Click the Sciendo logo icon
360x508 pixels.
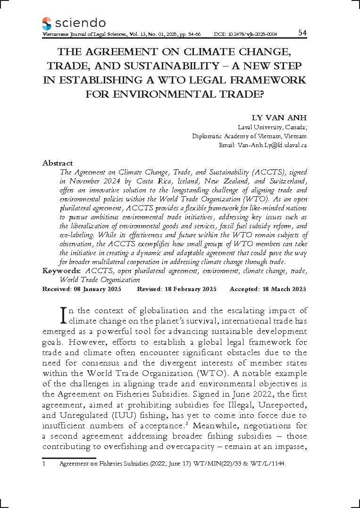pos(47,23)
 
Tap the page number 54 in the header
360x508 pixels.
pos(302,33)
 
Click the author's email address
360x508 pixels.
pos(263,145)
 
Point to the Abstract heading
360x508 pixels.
pos(58,163)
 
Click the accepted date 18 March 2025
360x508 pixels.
pos(283,289)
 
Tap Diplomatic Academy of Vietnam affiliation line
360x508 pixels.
pos(250,136)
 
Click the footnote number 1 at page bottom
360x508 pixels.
pos(44,464)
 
